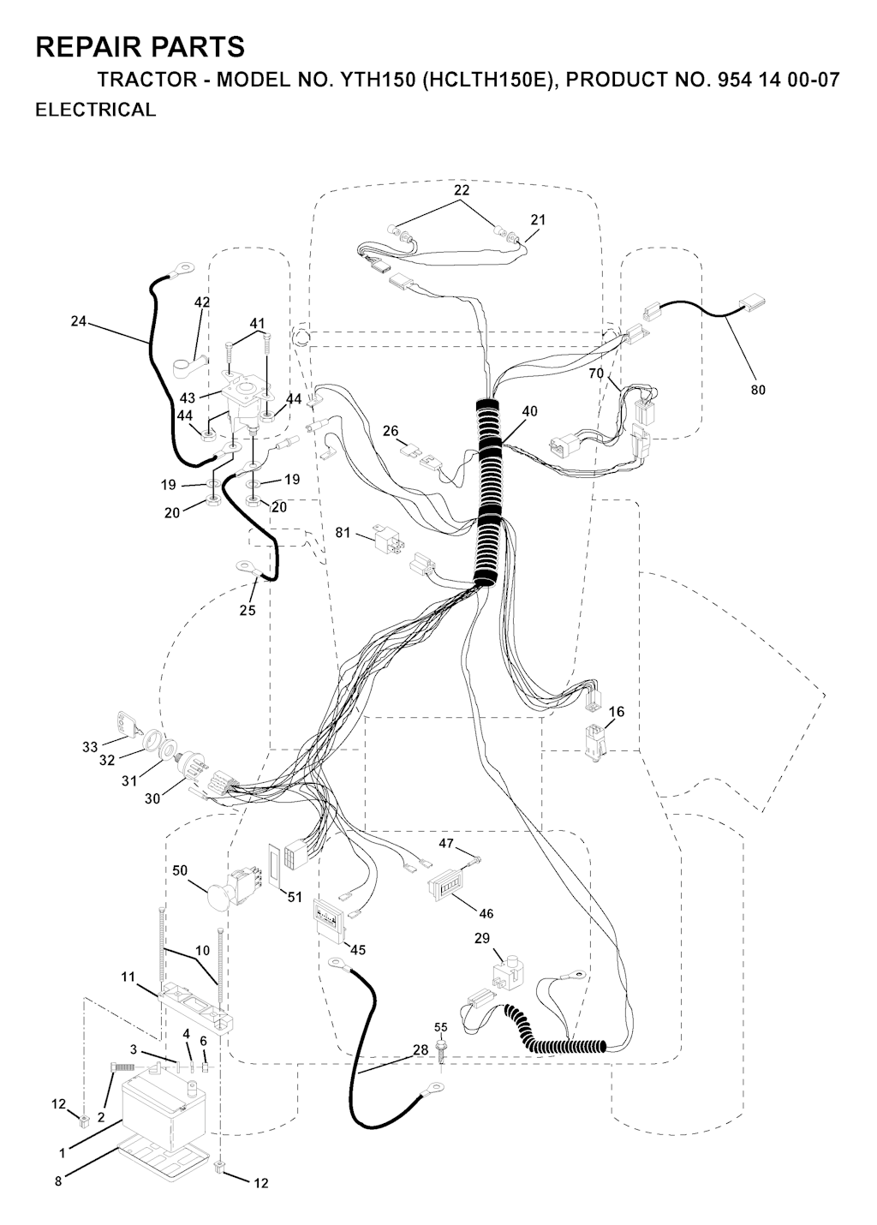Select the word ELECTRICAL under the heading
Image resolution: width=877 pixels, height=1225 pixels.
(x=96, y=110)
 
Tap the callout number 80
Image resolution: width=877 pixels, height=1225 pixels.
(x=758, y=390)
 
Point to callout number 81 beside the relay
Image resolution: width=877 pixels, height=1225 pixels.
(x=343, y=532)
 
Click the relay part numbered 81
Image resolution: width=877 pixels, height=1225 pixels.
(x=386, y=539)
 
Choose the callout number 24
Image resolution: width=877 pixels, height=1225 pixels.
(x=79, y=321)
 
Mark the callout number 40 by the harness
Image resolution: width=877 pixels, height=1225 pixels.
(x=530, y=411)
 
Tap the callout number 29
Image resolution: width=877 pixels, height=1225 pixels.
(x=481, y=938)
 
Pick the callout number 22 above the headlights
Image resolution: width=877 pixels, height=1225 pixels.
(x=462, y=190)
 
